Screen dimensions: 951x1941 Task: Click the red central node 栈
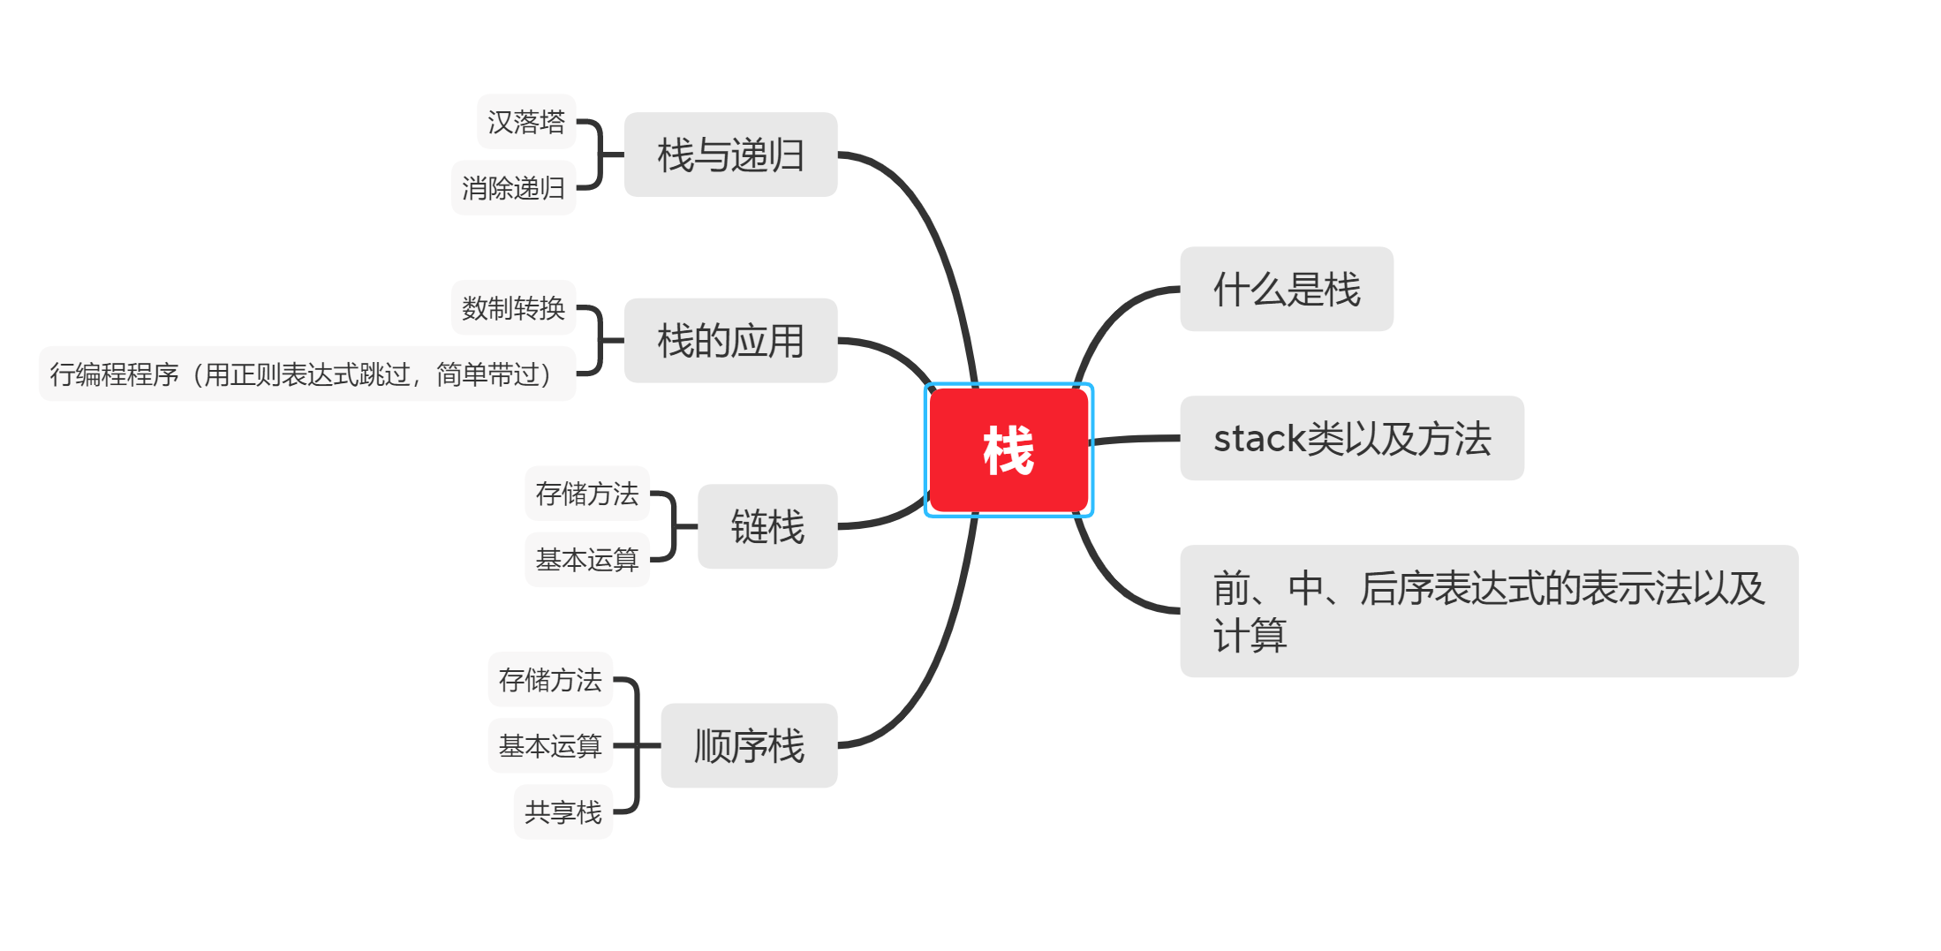pyautogui.click(x=1008, y=450)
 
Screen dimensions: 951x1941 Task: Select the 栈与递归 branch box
pyautogui.click(x=730, y=155)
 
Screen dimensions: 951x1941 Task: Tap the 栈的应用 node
pyautogui.click(x=730, y=340)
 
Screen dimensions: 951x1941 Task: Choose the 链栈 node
pyautogui.click(x=767, y=526)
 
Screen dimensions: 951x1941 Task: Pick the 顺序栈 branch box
pyautogui.click(x=749, y=745)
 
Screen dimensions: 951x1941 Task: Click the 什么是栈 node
pyautogui.click(x=1286, y=289)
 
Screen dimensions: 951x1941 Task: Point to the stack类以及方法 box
pyautogui.click(x=1351, y=438)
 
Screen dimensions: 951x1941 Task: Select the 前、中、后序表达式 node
pyautogui.click(x=1488, y=611)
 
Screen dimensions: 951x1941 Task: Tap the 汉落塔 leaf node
pyautogui.click(x=526, y=122)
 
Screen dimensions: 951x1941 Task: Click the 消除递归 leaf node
pyautogui.click(x=513, y=188)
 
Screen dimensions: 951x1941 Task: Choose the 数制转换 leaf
pyautogui.click(x=513, y=308)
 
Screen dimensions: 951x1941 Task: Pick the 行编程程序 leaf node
pyautogui.click(x=306, y=374)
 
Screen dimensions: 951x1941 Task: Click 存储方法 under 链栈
pyautogui.click(x=586, y=494)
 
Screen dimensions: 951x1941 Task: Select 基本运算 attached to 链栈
pyautogui.click(x=586, y=560)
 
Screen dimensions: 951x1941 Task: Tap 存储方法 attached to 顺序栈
pyautogui.click(x=549, y=680)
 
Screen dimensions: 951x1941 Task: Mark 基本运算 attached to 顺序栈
pyautogui.click(x=549, y=746)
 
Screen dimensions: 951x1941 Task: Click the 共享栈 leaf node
pyautogui.click(x=563, y=812)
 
